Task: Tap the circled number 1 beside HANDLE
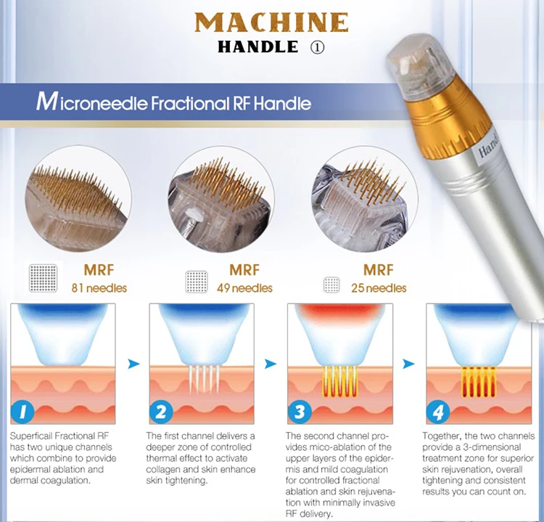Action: click(x=316, y=47)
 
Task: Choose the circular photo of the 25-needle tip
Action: click(x=356, y=197)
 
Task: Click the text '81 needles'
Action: click(x=99, y=288)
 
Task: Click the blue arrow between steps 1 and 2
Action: click(x=131, y=364)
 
